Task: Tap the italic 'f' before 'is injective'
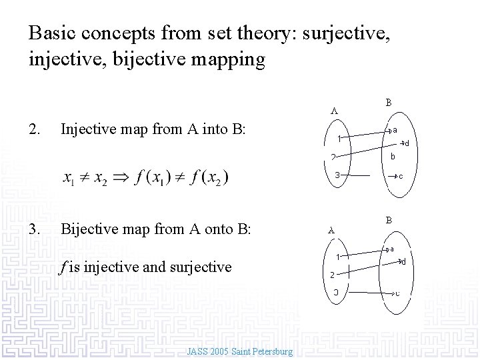coord(63,267)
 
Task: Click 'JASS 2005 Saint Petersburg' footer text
coord(240,351)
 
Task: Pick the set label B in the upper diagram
coord(389,103)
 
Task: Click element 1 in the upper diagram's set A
coord(339,139)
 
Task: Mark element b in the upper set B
coord(394,157)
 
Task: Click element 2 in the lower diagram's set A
coord(331,274)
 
